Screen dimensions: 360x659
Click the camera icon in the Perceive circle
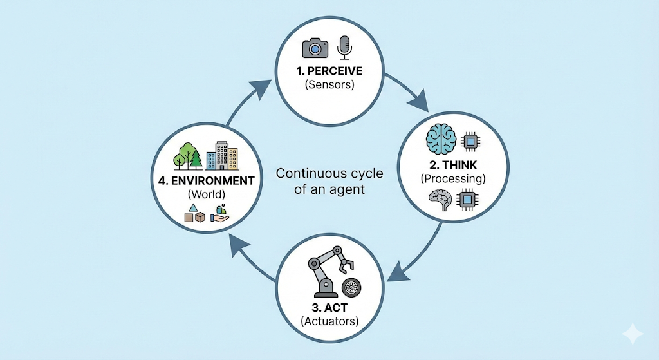(315, 48)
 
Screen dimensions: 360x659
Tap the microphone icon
(345, 46)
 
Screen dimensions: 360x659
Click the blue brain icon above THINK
(441, 139)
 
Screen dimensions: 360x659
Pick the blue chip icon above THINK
(470, 140)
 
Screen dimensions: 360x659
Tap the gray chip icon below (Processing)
(468, 200)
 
